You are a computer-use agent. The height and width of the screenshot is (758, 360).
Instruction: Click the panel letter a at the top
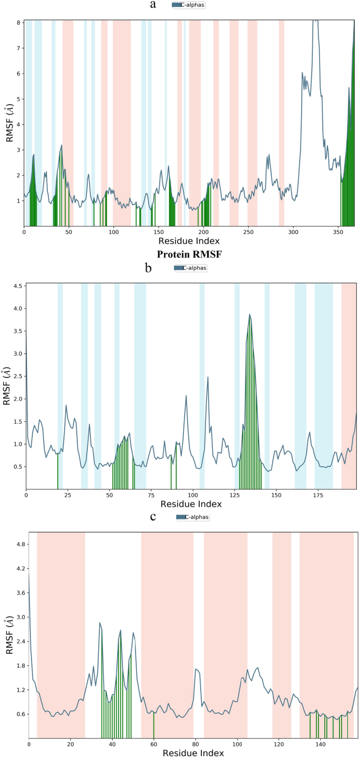(153, 5)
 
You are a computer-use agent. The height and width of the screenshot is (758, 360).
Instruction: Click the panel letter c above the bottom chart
(153, 516)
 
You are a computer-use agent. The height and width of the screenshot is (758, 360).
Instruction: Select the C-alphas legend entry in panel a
(189, 5)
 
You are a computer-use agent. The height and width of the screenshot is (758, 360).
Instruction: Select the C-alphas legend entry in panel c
(193, 517)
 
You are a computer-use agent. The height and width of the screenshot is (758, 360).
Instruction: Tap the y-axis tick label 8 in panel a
(18, 23)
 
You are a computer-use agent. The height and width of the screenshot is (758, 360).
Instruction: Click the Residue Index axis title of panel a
(188, 241)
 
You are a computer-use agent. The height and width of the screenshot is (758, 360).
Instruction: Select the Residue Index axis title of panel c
(193, 753)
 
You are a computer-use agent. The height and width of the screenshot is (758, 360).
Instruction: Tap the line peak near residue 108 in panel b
(208, 377)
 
